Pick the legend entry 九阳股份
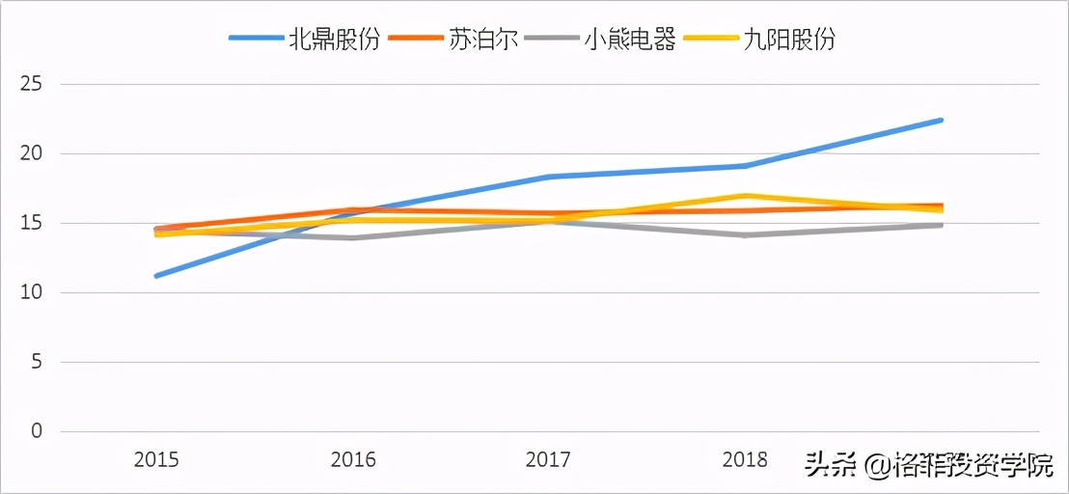tap(787, 40)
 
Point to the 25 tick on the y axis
tap(31, 84)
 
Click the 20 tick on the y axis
tap(31, 153)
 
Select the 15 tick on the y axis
tap(31, 223)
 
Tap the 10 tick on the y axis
tap(31, 292)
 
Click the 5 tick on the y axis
tap(37, 362)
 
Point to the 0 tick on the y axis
tap(37, 431)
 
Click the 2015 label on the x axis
tap(156, 460)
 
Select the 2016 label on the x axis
tap(353, 460)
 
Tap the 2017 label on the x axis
tap(549, 460)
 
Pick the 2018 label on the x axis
tap(745, 460)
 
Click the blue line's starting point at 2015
tap(156, 276)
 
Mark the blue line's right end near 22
tap(941, 120)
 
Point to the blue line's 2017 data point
tap(549, 177)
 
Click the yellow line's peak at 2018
tap(745, 196)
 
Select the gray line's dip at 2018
tap(745, 234)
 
